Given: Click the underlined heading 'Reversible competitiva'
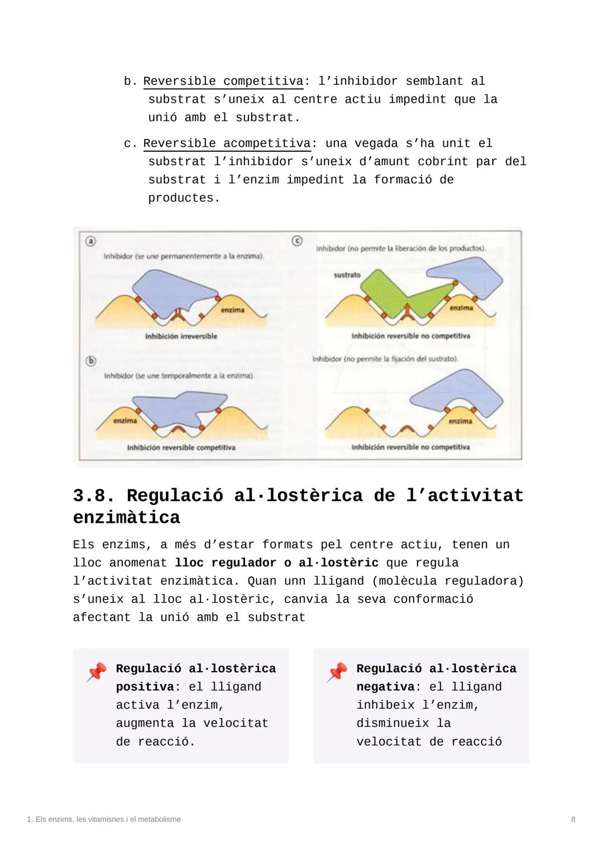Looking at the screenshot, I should click(x=223, y=81).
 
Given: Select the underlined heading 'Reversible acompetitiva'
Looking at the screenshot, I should click(x=227, y=144).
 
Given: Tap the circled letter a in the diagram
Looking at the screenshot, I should click(x=90, y=241).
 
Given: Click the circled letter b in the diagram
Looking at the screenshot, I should click(x=91, y=361).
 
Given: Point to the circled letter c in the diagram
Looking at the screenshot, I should click(x=297, y=240).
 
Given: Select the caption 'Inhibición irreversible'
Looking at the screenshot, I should click(x=181, y=336).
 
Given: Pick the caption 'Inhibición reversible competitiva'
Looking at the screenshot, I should click(x=181, y=447).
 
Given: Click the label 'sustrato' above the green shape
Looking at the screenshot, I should click(x=347, y=275).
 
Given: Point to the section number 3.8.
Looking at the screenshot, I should click(x=93, y=495).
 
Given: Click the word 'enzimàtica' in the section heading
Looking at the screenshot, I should click(x=127, y=518).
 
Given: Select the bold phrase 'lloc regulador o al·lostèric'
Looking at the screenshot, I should click(x=276, y=563).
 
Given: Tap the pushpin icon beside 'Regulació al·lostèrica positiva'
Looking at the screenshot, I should click(x=97, y=672).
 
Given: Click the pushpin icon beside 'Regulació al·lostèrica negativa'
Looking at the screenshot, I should click(x=337, y=672).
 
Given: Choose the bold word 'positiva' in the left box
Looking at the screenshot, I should click(x=145, y=687).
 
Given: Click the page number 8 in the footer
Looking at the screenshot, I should click(x=573, y=819).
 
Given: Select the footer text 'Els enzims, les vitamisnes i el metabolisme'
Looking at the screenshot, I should click(x=108, y=819).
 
